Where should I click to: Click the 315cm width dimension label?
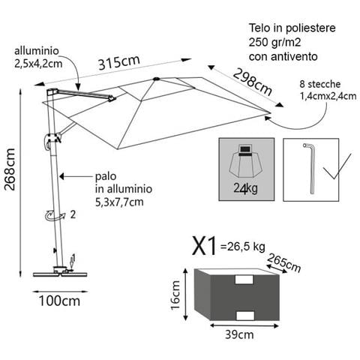(118, 62)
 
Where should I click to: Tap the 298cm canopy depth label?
(253, 82)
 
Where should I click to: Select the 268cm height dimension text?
(10, 169)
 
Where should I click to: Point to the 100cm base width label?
(59, 301)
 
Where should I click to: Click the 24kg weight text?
(245, 188)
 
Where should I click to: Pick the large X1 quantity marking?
(204, 246)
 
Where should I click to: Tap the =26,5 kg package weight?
(242, 247)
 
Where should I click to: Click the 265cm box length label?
(283, 263)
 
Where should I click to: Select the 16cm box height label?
(175, 295)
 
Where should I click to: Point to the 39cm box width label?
(239, 334)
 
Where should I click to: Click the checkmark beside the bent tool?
(337, 166)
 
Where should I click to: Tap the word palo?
(106, 177)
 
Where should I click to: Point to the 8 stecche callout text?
(320, 84)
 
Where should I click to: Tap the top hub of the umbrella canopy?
(157, 79)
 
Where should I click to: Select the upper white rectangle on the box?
(244, 280)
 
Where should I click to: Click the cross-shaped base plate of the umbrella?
(60, 272)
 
